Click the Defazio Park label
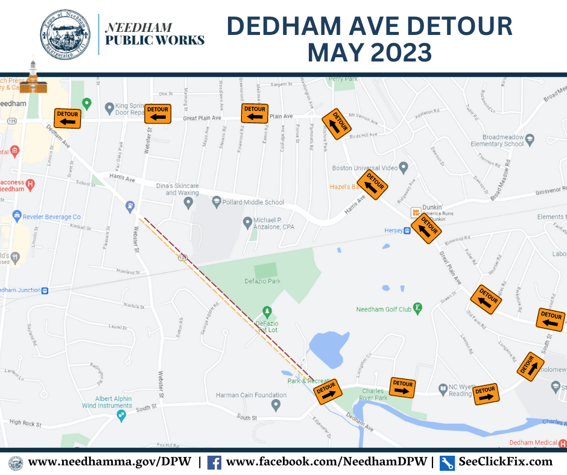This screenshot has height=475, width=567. (266, 281)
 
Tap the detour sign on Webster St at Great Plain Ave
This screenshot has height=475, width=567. (157, 113)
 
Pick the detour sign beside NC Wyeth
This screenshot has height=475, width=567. (486, 393)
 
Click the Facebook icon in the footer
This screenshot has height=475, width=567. (214, 462)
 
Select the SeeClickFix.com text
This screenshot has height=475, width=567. (505, 462)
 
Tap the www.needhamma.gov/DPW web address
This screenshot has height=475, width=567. (110, 462)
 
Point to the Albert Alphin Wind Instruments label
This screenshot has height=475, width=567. (104, 402)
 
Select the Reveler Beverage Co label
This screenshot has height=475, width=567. (52, 216)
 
